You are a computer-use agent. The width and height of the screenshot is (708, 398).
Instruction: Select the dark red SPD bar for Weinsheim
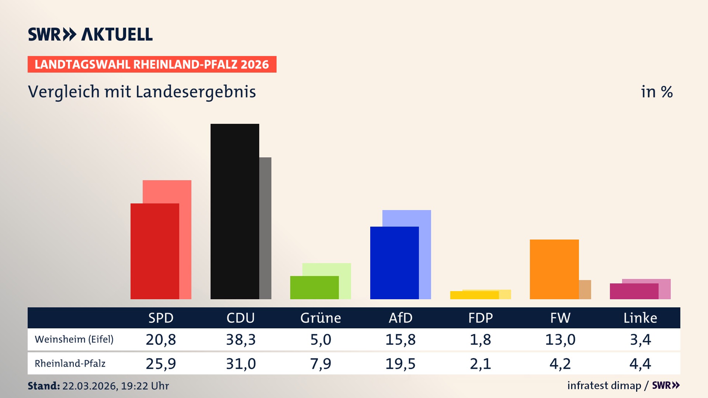155,251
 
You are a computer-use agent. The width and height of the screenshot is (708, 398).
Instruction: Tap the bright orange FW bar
554,269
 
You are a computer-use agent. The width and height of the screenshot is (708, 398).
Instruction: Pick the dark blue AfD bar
394,263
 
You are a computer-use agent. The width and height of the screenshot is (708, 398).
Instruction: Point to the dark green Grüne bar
314,287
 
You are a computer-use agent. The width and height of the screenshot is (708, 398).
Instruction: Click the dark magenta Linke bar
634,291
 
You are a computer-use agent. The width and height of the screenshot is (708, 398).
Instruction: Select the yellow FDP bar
474,295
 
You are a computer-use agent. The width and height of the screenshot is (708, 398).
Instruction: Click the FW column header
560,318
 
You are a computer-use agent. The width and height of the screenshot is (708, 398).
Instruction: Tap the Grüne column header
320,318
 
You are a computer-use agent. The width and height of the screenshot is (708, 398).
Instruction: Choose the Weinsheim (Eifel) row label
74,339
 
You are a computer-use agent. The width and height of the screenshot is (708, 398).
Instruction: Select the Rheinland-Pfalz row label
70,364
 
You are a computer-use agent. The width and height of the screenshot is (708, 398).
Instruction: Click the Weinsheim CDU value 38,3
241,339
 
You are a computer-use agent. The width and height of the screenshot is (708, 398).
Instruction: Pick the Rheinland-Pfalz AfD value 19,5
400,364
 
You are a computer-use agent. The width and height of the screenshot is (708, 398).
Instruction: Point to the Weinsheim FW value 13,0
560,339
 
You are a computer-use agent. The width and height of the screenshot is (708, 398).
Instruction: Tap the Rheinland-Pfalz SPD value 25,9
161,364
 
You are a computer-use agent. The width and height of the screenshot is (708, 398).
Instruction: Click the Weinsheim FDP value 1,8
480,339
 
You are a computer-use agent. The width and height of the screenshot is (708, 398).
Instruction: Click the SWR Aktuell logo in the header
90,34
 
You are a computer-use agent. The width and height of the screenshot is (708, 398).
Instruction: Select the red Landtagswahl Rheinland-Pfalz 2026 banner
152,64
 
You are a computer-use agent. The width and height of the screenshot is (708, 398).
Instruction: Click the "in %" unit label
656,92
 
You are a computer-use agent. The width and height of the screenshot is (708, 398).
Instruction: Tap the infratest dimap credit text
604,385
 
